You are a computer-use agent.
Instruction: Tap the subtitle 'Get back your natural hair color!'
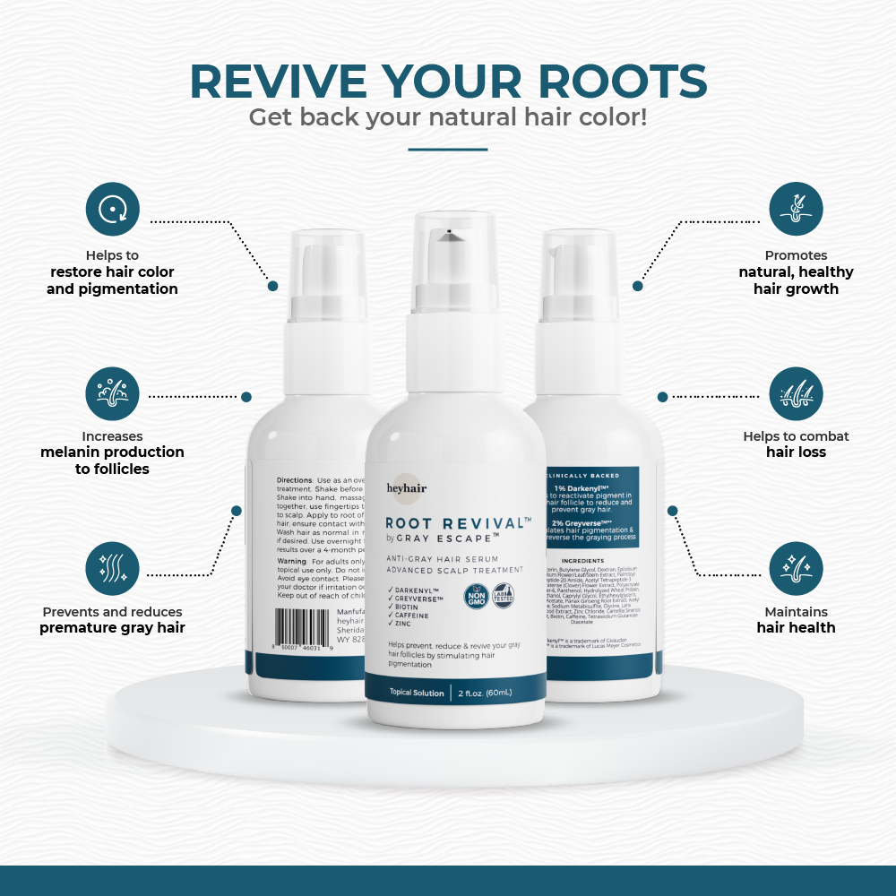(x=447, y=117)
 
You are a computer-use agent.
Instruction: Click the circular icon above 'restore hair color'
(x=113, y=210)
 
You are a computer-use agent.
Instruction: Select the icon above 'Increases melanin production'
(x=113, y=394)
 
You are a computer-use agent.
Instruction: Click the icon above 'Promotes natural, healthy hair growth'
(x=796, y=210)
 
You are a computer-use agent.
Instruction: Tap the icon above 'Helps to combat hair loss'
(x=796, y=394)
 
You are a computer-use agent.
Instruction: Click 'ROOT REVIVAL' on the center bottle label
(x=452, y=522)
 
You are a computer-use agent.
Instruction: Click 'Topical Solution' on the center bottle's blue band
(x=417, y=694)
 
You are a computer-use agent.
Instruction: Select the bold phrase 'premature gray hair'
(x=113, y=627)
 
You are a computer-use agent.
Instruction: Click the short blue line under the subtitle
(x=447, y=150)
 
